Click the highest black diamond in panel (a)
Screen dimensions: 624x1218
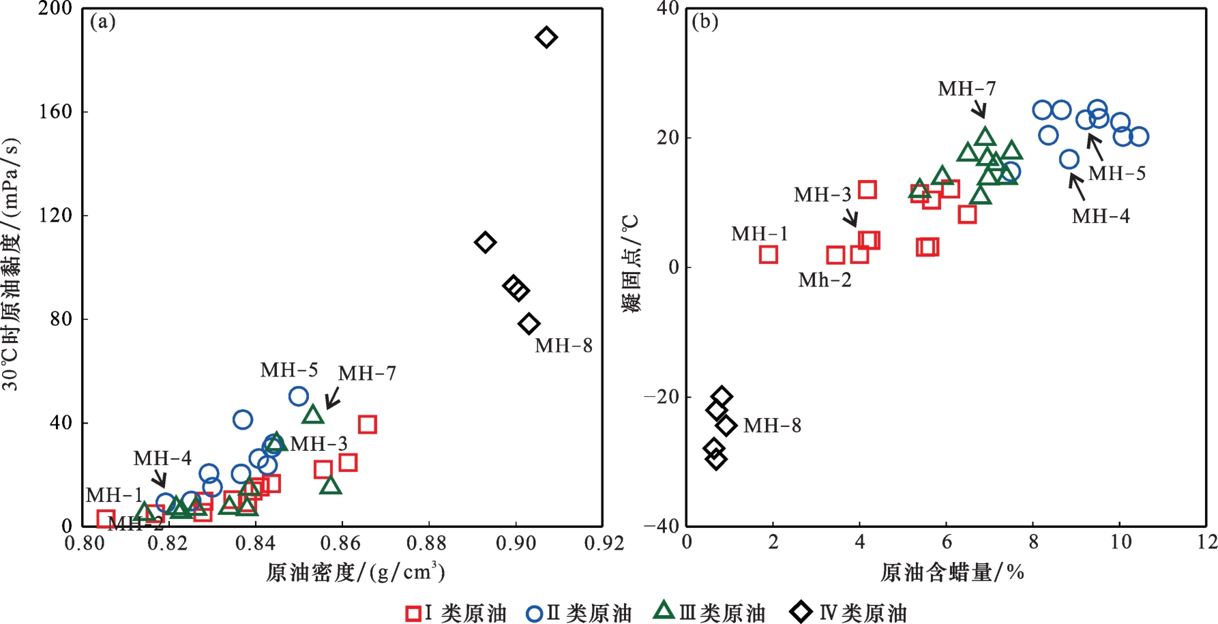(x=546, y=37)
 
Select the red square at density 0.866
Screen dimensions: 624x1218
(x=368, y=425)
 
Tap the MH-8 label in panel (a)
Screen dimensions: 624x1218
(x=563, y=346)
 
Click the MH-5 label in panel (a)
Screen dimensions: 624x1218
(x=289, y=370)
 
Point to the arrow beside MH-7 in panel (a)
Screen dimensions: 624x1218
(x=333, y=397)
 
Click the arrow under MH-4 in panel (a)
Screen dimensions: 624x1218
(x=158, y=477)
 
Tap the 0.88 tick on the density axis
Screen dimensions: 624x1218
(x=428, y=544)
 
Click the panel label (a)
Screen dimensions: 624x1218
(x=103, y=23)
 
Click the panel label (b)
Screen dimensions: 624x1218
(x=704, y=23)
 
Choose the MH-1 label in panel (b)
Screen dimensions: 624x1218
(x=759, y=234)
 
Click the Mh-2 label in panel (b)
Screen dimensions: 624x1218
(x=825, y=280)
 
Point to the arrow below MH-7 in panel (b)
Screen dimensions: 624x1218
(x=979, y=108)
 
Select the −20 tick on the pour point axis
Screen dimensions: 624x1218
(x=661, y=397)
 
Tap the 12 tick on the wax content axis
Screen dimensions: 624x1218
(x=1206, y=543)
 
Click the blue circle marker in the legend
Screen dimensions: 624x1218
(x=534, y=613)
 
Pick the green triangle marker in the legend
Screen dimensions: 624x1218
(x=664, y=610)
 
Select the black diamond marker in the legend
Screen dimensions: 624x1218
(x=801, y=612)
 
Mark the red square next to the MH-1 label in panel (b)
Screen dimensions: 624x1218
(x=769, y=254)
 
